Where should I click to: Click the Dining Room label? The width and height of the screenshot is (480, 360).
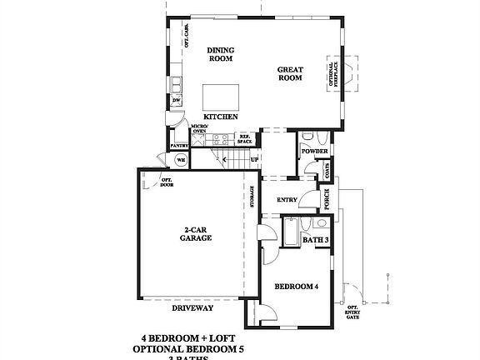tap(221, 54)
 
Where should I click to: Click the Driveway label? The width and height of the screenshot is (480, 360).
tap(192, 307)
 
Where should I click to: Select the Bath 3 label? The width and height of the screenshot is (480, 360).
tap(315, 240)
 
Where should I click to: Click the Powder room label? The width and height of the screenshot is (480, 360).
tap(313, 152)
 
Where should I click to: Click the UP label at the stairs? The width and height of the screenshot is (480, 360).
tap(254, 159)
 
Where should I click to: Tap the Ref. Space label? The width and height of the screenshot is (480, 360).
tap(245, 139)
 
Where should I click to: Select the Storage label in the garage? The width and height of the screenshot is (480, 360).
tap(252, 197)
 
